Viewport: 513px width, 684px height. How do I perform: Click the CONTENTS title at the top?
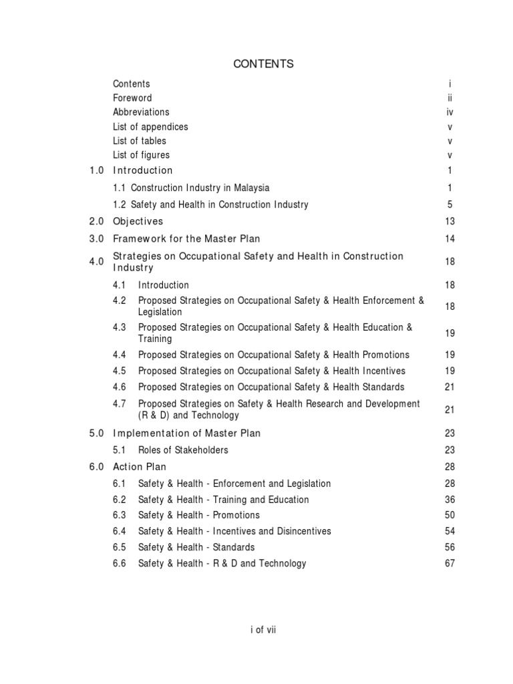point(263,64)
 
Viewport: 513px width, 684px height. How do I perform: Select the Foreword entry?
point(132,98)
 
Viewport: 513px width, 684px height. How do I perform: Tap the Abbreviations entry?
point(141,112)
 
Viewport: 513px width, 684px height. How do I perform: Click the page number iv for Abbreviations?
point(450,112)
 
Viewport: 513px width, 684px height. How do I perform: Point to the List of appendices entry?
point(150,126)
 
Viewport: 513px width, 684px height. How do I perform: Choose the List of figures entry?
point(141,155)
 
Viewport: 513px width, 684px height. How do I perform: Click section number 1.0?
point(96,170)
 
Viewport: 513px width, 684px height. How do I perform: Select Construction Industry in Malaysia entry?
point(200,188)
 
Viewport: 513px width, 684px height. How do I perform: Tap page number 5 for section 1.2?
point(450,204)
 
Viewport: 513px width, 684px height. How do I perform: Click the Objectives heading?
point(138,221)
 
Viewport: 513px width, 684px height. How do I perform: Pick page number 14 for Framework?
point(450,238)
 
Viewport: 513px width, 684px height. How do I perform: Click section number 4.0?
point(96,262)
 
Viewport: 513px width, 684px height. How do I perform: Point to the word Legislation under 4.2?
point(160,312)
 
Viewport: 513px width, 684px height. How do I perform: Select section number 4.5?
point(120,371)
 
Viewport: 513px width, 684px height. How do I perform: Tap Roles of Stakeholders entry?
point(183,450)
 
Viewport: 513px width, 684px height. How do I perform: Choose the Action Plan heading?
point(140,467)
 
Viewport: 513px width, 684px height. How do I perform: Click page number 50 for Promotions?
point(450,515)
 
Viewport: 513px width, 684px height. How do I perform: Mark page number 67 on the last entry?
point(450,563)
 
